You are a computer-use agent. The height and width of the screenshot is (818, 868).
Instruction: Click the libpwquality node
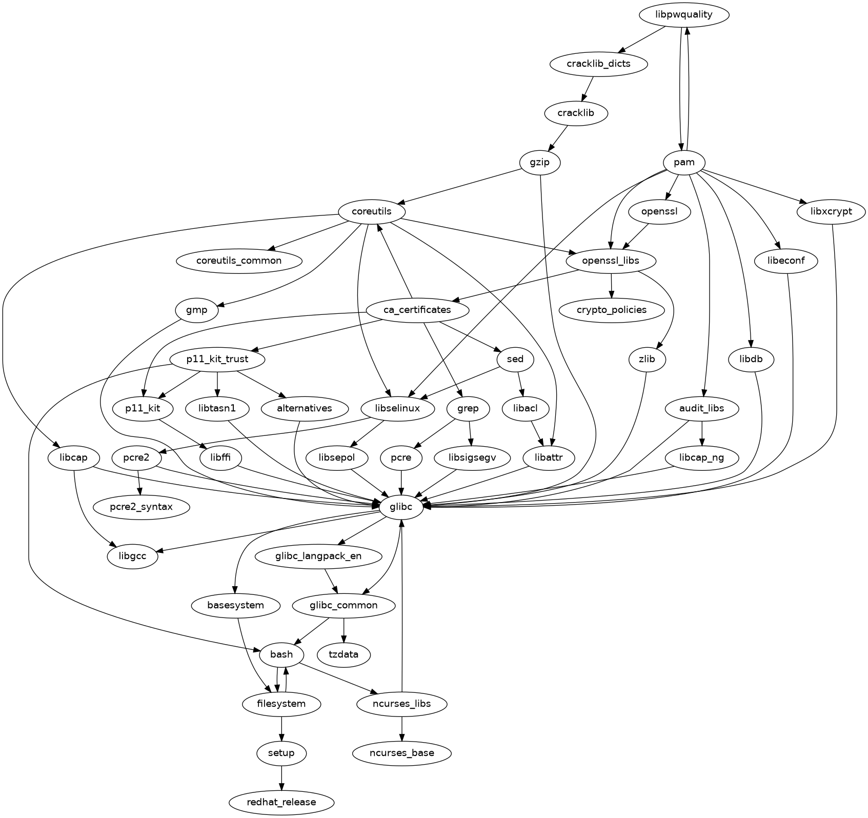click(684, 14)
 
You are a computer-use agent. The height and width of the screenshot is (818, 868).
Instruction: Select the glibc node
click(401, 507)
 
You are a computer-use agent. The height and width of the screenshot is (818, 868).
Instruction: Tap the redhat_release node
click(281, 802)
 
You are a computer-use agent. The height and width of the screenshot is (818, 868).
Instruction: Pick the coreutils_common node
click(239, 261)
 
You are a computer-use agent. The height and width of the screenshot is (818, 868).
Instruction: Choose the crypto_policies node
click(611, 310)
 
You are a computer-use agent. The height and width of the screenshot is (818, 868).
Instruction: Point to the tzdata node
click(345, 654)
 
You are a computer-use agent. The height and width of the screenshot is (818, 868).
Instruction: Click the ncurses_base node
click(401, 753)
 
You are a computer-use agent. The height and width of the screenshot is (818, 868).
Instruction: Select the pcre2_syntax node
click(141, 507)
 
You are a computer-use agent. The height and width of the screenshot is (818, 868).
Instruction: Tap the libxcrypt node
click(832, 211)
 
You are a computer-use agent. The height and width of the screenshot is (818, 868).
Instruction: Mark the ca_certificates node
click(417, 310)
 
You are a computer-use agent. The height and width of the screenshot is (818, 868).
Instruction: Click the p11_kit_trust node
click(217, 359)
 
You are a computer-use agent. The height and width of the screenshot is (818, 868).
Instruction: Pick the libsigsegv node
click(472, 457)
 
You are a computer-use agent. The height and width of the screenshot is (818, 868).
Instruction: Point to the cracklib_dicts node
click(598, 64)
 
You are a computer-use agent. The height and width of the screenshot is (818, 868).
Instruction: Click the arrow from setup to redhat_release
click(281, 777)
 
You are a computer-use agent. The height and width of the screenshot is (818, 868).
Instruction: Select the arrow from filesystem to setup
click(281, 728)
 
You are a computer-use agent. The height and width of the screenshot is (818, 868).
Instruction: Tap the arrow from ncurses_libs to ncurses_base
click(401, 728)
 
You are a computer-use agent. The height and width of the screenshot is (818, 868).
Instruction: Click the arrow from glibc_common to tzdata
click(344, 630)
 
